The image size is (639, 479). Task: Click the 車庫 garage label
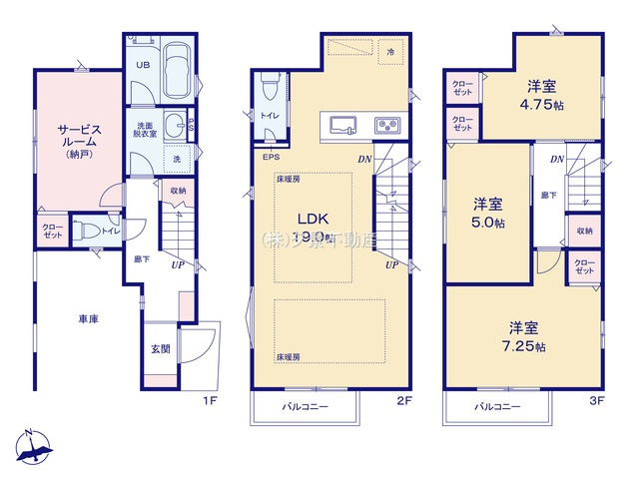(88, 319)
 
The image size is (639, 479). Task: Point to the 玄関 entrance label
(160, 348)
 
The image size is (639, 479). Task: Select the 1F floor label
(210, 402)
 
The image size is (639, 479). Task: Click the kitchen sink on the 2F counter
(342, 125)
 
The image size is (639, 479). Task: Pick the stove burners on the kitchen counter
(386, 126)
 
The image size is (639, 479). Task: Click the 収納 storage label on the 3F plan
(583, 232)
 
